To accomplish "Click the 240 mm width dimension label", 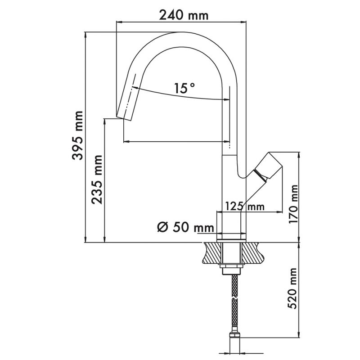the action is point(184,15).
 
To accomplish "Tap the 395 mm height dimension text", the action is point(77,135).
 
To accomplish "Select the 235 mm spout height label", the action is point(97,180).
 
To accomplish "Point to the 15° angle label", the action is point(184,88).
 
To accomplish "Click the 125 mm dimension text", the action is point(244,206).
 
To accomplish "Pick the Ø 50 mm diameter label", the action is point(186,227).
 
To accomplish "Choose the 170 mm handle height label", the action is point(293,204).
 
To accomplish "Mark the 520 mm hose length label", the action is point(292,288).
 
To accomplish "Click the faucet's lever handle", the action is point(267,166).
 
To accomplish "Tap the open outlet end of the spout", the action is point(124,118).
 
